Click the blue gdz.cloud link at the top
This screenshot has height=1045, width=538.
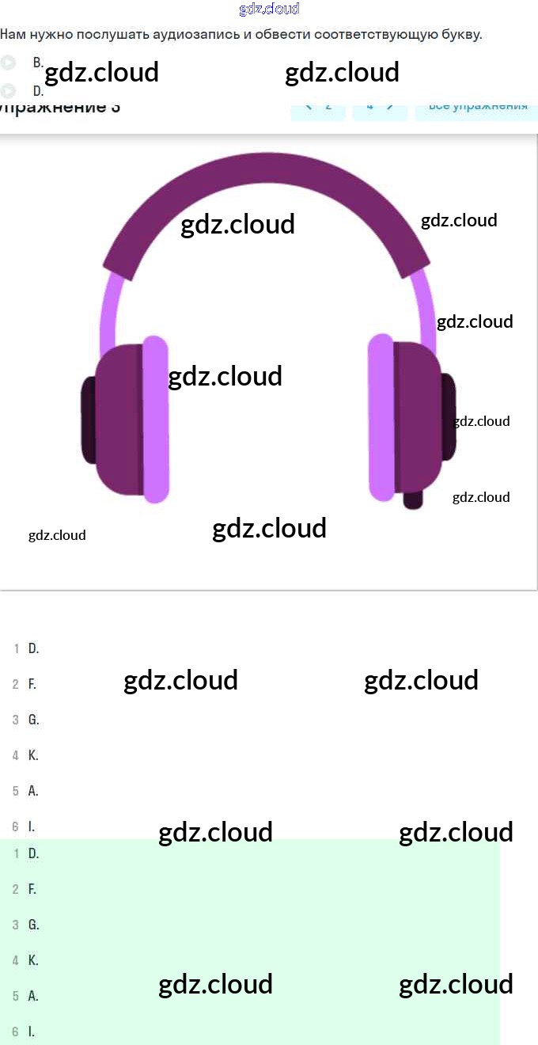click(269, 9)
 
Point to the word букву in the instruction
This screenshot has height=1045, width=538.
click(461, 35)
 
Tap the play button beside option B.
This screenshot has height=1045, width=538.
click(8, 63)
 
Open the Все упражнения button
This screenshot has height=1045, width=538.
click(477, 105)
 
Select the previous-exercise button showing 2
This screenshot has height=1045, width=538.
click(318, 105)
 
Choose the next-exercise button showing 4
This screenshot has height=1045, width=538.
click(380, 105)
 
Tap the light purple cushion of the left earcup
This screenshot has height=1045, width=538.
click(156, 420)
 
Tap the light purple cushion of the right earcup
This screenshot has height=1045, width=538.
click(381, 417)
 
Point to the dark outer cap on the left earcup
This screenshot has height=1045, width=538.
click(88, 420)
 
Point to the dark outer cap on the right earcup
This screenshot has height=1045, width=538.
click(448, 416)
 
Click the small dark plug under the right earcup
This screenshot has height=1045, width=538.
click(412, 500)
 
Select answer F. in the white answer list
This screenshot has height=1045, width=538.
click(32, 684)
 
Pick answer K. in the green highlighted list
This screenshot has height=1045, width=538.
click(32, 960)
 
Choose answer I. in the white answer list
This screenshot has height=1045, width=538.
click(31, 826)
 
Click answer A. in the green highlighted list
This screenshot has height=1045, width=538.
click(32, 996)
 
